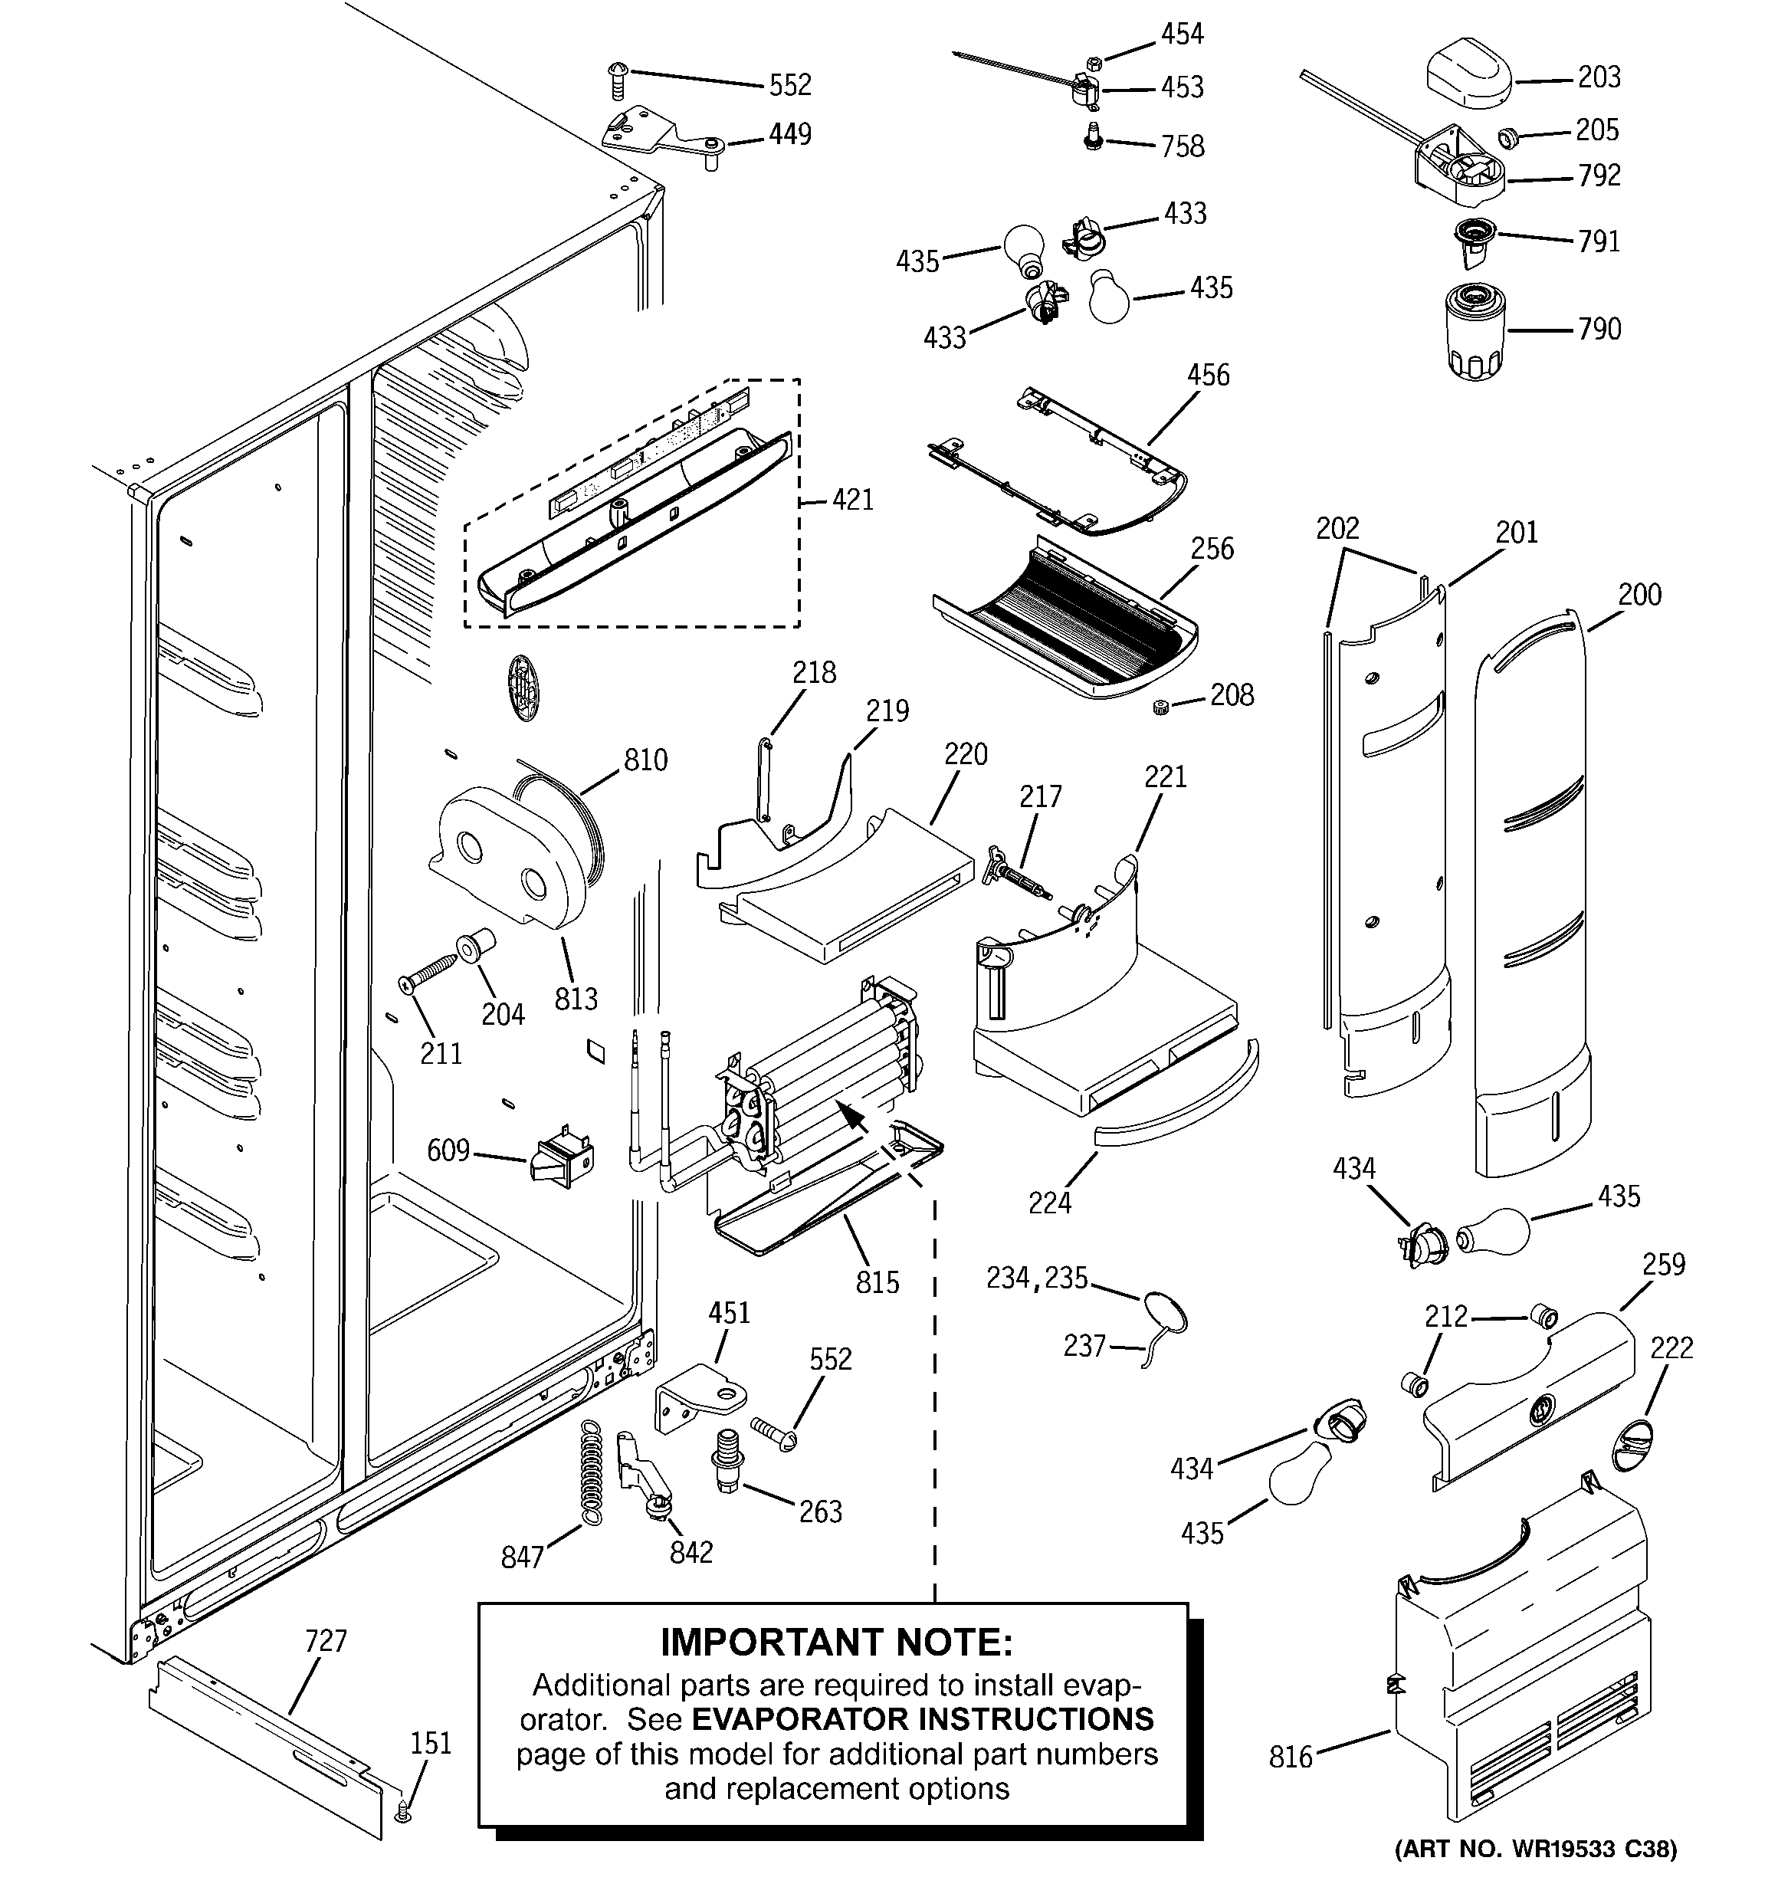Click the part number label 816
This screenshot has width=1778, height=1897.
1291,1757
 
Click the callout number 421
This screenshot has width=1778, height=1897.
851,499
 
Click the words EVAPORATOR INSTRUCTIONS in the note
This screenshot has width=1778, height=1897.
922,1718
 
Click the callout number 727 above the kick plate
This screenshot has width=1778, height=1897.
326,1641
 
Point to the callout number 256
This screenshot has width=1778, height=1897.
1211,549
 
